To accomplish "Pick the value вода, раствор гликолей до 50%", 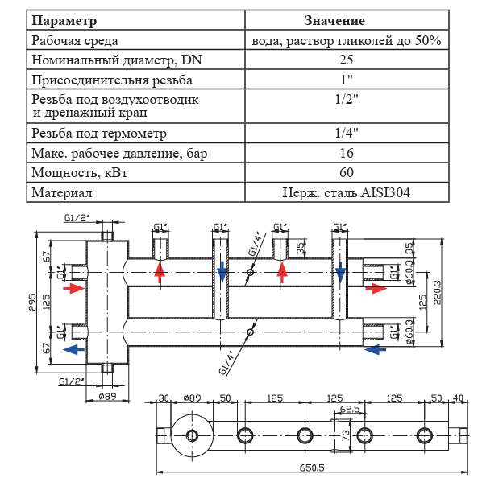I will pos(346,39).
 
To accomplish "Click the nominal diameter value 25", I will pos(346,60).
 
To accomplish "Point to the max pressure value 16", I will pos(346,153).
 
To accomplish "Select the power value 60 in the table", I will pos(346,172).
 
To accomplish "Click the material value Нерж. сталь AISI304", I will pos(346,192).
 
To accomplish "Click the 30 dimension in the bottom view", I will pos(164,398).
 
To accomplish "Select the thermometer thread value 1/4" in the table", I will pos(346,133).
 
